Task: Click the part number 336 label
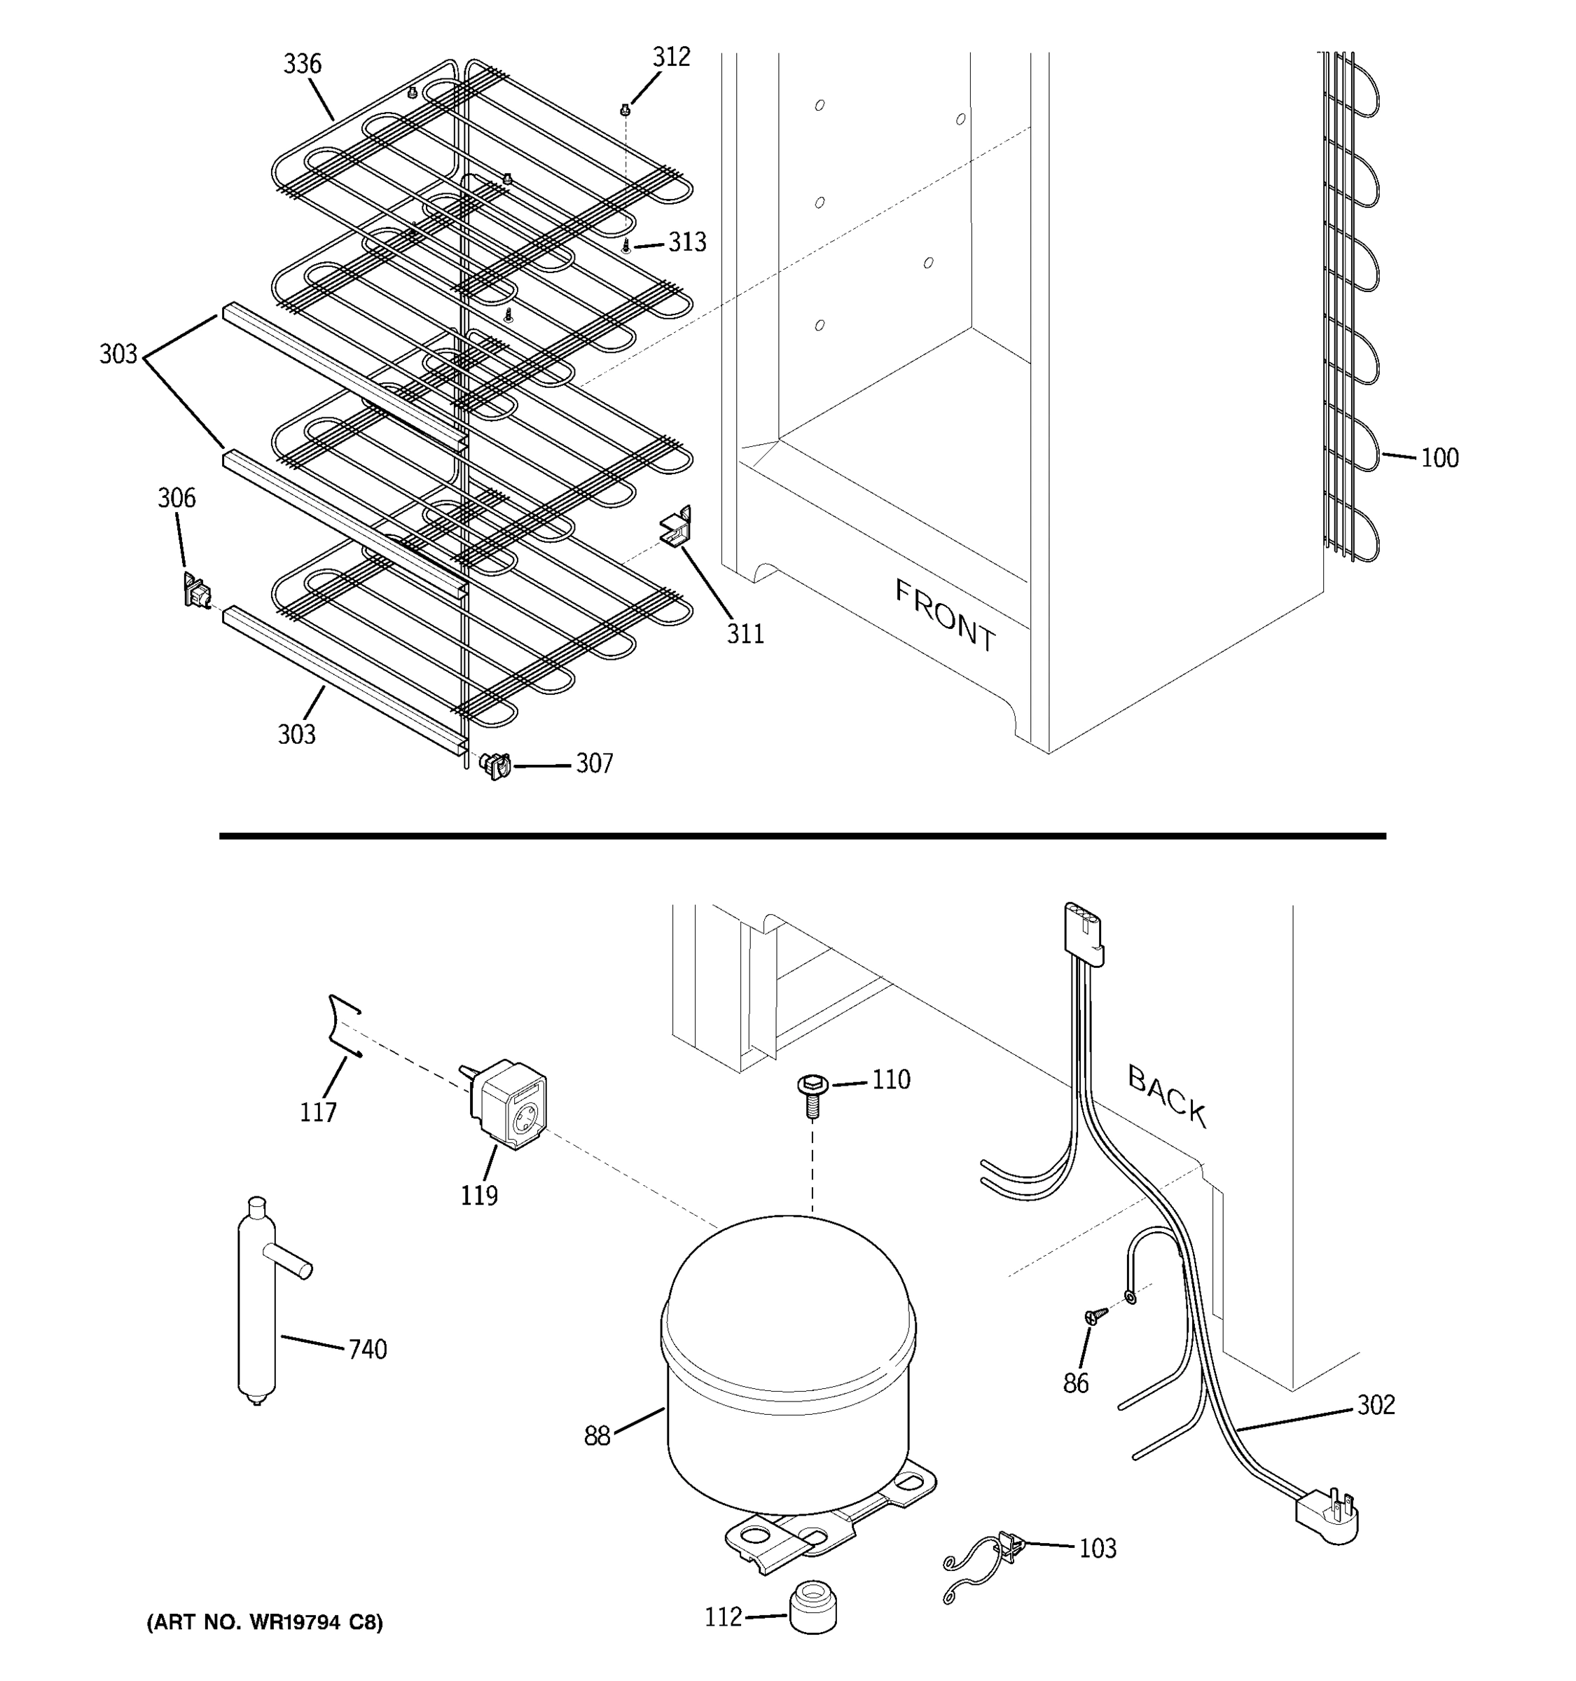click(x=302, y=64)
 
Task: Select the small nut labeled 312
click(x=625, y=109)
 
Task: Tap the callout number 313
click(x=686, y=242)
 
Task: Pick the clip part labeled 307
click(x=495, y=766)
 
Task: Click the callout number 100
click(x=1439, y=458)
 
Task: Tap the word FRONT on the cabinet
click(x=946, y=616)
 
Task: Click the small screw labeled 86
click(x=1095, y=1315)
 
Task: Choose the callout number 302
click(x=1376, y=1404)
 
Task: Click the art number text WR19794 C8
click(x=265, y=1621)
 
